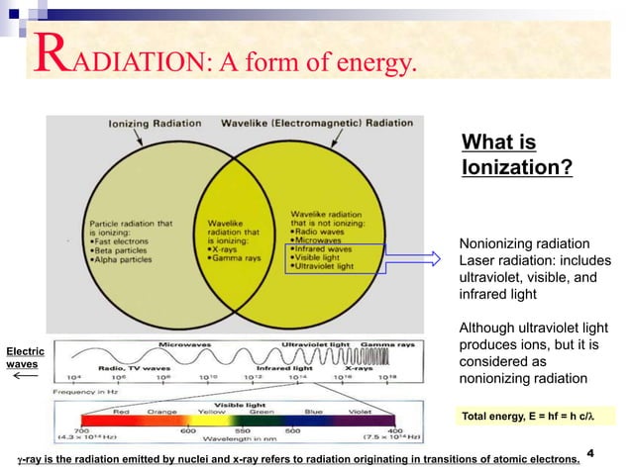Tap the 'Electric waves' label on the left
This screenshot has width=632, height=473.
point(22,357)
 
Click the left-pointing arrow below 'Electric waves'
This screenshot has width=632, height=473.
point(24,376)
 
